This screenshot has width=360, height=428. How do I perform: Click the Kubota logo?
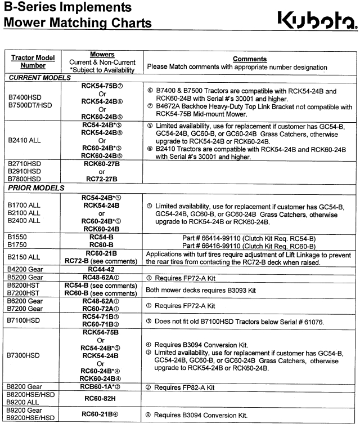(317, 21)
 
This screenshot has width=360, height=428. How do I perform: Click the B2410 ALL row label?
(25, 140)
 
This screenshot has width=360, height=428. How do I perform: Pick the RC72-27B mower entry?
(102, 179)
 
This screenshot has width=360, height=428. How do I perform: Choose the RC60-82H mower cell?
(102, 398)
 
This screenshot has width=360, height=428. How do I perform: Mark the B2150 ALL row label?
(25, 257)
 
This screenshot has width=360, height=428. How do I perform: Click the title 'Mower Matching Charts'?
(78, 23)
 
